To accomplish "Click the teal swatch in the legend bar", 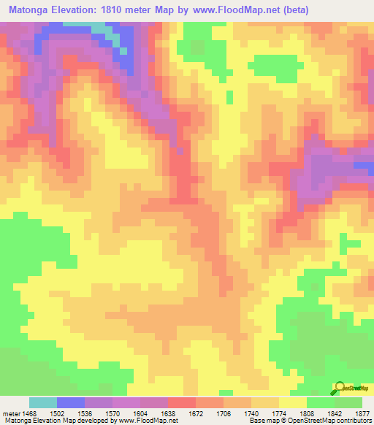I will pos(43,402).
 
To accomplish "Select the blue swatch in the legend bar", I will pos(71,402).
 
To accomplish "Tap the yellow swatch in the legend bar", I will pos(292,402).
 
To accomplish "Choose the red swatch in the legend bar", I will pos(182,402).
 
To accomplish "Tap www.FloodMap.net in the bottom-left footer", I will pos(147,421).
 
